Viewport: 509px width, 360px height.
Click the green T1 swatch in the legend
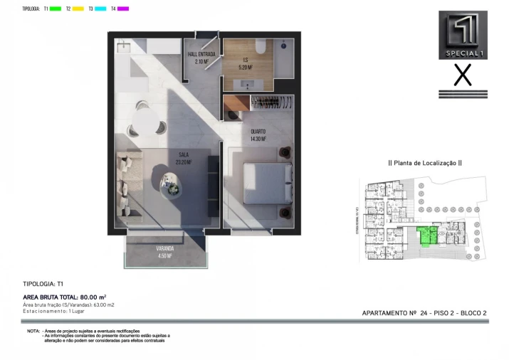(55, 9)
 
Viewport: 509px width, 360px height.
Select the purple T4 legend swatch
(123, 9)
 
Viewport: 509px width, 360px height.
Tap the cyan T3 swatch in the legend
(100, 9)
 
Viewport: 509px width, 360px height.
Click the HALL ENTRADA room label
(201, 58)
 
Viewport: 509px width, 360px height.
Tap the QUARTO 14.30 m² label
(257, 135)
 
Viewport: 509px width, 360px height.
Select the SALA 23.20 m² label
(183, 157)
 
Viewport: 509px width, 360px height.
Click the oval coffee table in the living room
(172, 184)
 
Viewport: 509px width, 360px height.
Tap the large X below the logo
(463, 75)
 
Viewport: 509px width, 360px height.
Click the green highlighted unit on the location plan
(426, 236)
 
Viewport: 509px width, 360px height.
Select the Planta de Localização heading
(424, 163)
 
